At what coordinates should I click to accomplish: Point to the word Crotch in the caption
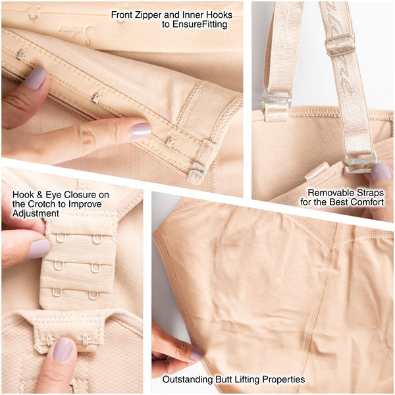tap(42, 204)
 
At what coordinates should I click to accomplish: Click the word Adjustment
tap(36, 213)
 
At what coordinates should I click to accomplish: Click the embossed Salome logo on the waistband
tap(77, 32)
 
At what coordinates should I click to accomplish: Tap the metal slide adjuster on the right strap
tap(340, 45)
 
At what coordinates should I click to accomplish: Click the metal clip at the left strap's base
tap(276, 101)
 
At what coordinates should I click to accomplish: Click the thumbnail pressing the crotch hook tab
tap(63, 349)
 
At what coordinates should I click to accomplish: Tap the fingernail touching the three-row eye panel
tap(39, 249)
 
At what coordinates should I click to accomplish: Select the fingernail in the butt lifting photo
tap(196, 355)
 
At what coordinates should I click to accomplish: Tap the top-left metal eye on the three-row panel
tap(61, 238)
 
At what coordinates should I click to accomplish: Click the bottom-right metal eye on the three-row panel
tap(93, 295)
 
